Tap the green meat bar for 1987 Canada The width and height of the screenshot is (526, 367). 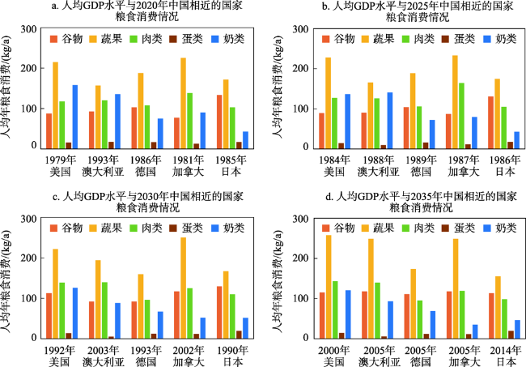click(x=460, y=116)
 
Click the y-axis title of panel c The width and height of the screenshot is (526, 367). click(x=10, y=279)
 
